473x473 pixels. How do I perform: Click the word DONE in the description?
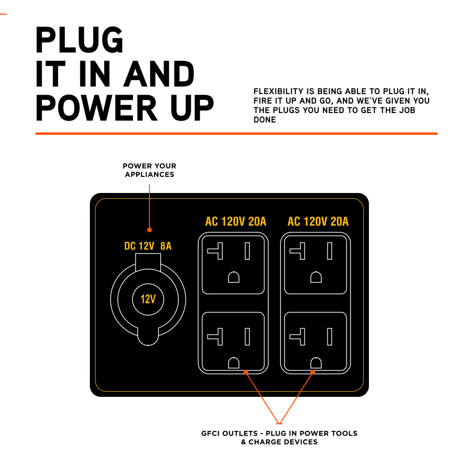(265, 120)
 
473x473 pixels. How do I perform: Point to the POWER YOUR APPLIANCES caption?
(149, 170)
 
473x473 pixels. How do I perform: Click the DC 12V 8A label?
(148, 246)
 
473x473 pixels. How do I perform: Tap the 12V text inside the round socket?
(148, 299)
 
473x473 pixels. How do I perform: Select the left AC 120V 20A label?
(236, 221)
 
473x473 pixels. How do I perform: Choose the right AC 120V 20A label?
(318, 221)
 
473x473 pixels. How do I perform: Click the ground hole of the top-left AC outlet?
(233, 277)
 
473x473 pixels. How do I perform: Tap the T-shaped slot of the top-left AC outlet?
(215, 251)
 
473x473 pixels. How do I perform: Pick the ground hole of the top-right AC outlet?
(316, 277)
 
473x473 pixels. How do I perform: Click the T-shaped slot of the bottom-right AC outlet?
(298, 336)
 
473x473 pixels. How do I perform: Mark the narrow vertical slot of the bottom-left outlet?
(247, 336)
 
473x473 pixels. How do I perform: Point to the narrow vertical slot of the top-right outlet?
(330, 251)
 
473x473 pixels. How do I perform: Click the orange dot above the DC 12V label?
(149, 230)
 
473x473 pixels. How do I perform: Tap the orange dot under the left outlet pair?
(245, 372)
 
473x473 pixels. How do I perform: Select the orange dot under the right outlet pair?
(313, 372)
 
